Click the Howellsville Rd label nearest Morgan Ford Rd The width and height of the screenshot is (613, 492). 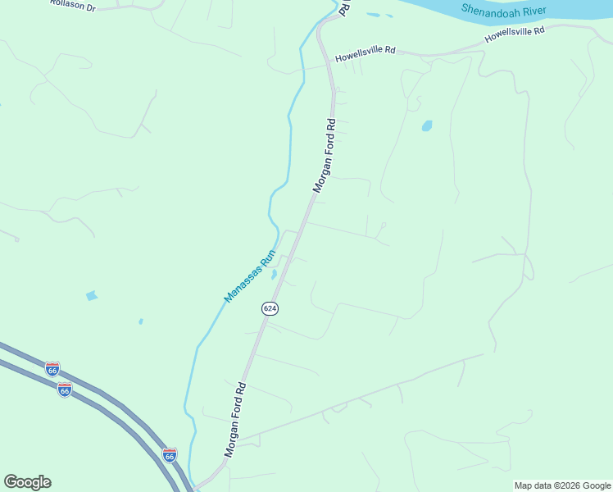(366, 54)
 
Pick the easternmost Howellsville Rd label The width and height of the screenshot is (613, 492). (515, 34)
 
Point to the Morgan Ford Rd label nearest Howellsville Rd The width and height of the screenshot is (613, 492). (325, 156)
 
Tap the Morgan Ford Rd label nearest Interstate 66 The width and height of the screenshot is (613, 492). (235, 419)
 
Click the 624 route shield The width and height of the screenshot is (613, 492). (270, 308)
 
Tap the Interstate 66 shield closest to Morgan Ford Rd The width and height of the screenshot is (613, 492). (170, 453)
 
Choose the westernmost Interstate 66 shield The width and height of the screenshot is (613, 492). (52, 369)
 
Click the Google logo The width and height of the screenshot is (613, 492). (27, 482)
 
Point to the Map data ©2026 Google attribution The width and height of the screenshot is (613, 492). (561, 485)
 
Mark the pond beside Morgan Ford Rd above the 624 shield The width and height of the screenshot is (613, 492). (275, 274)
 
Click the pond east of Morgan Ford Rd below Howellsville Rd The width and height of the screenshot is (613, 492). (426, 126)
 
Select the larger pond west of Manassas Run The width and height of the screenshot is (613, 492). (91, 295)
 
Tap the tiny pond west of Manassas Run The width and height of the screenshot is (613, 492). (141, 321)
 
